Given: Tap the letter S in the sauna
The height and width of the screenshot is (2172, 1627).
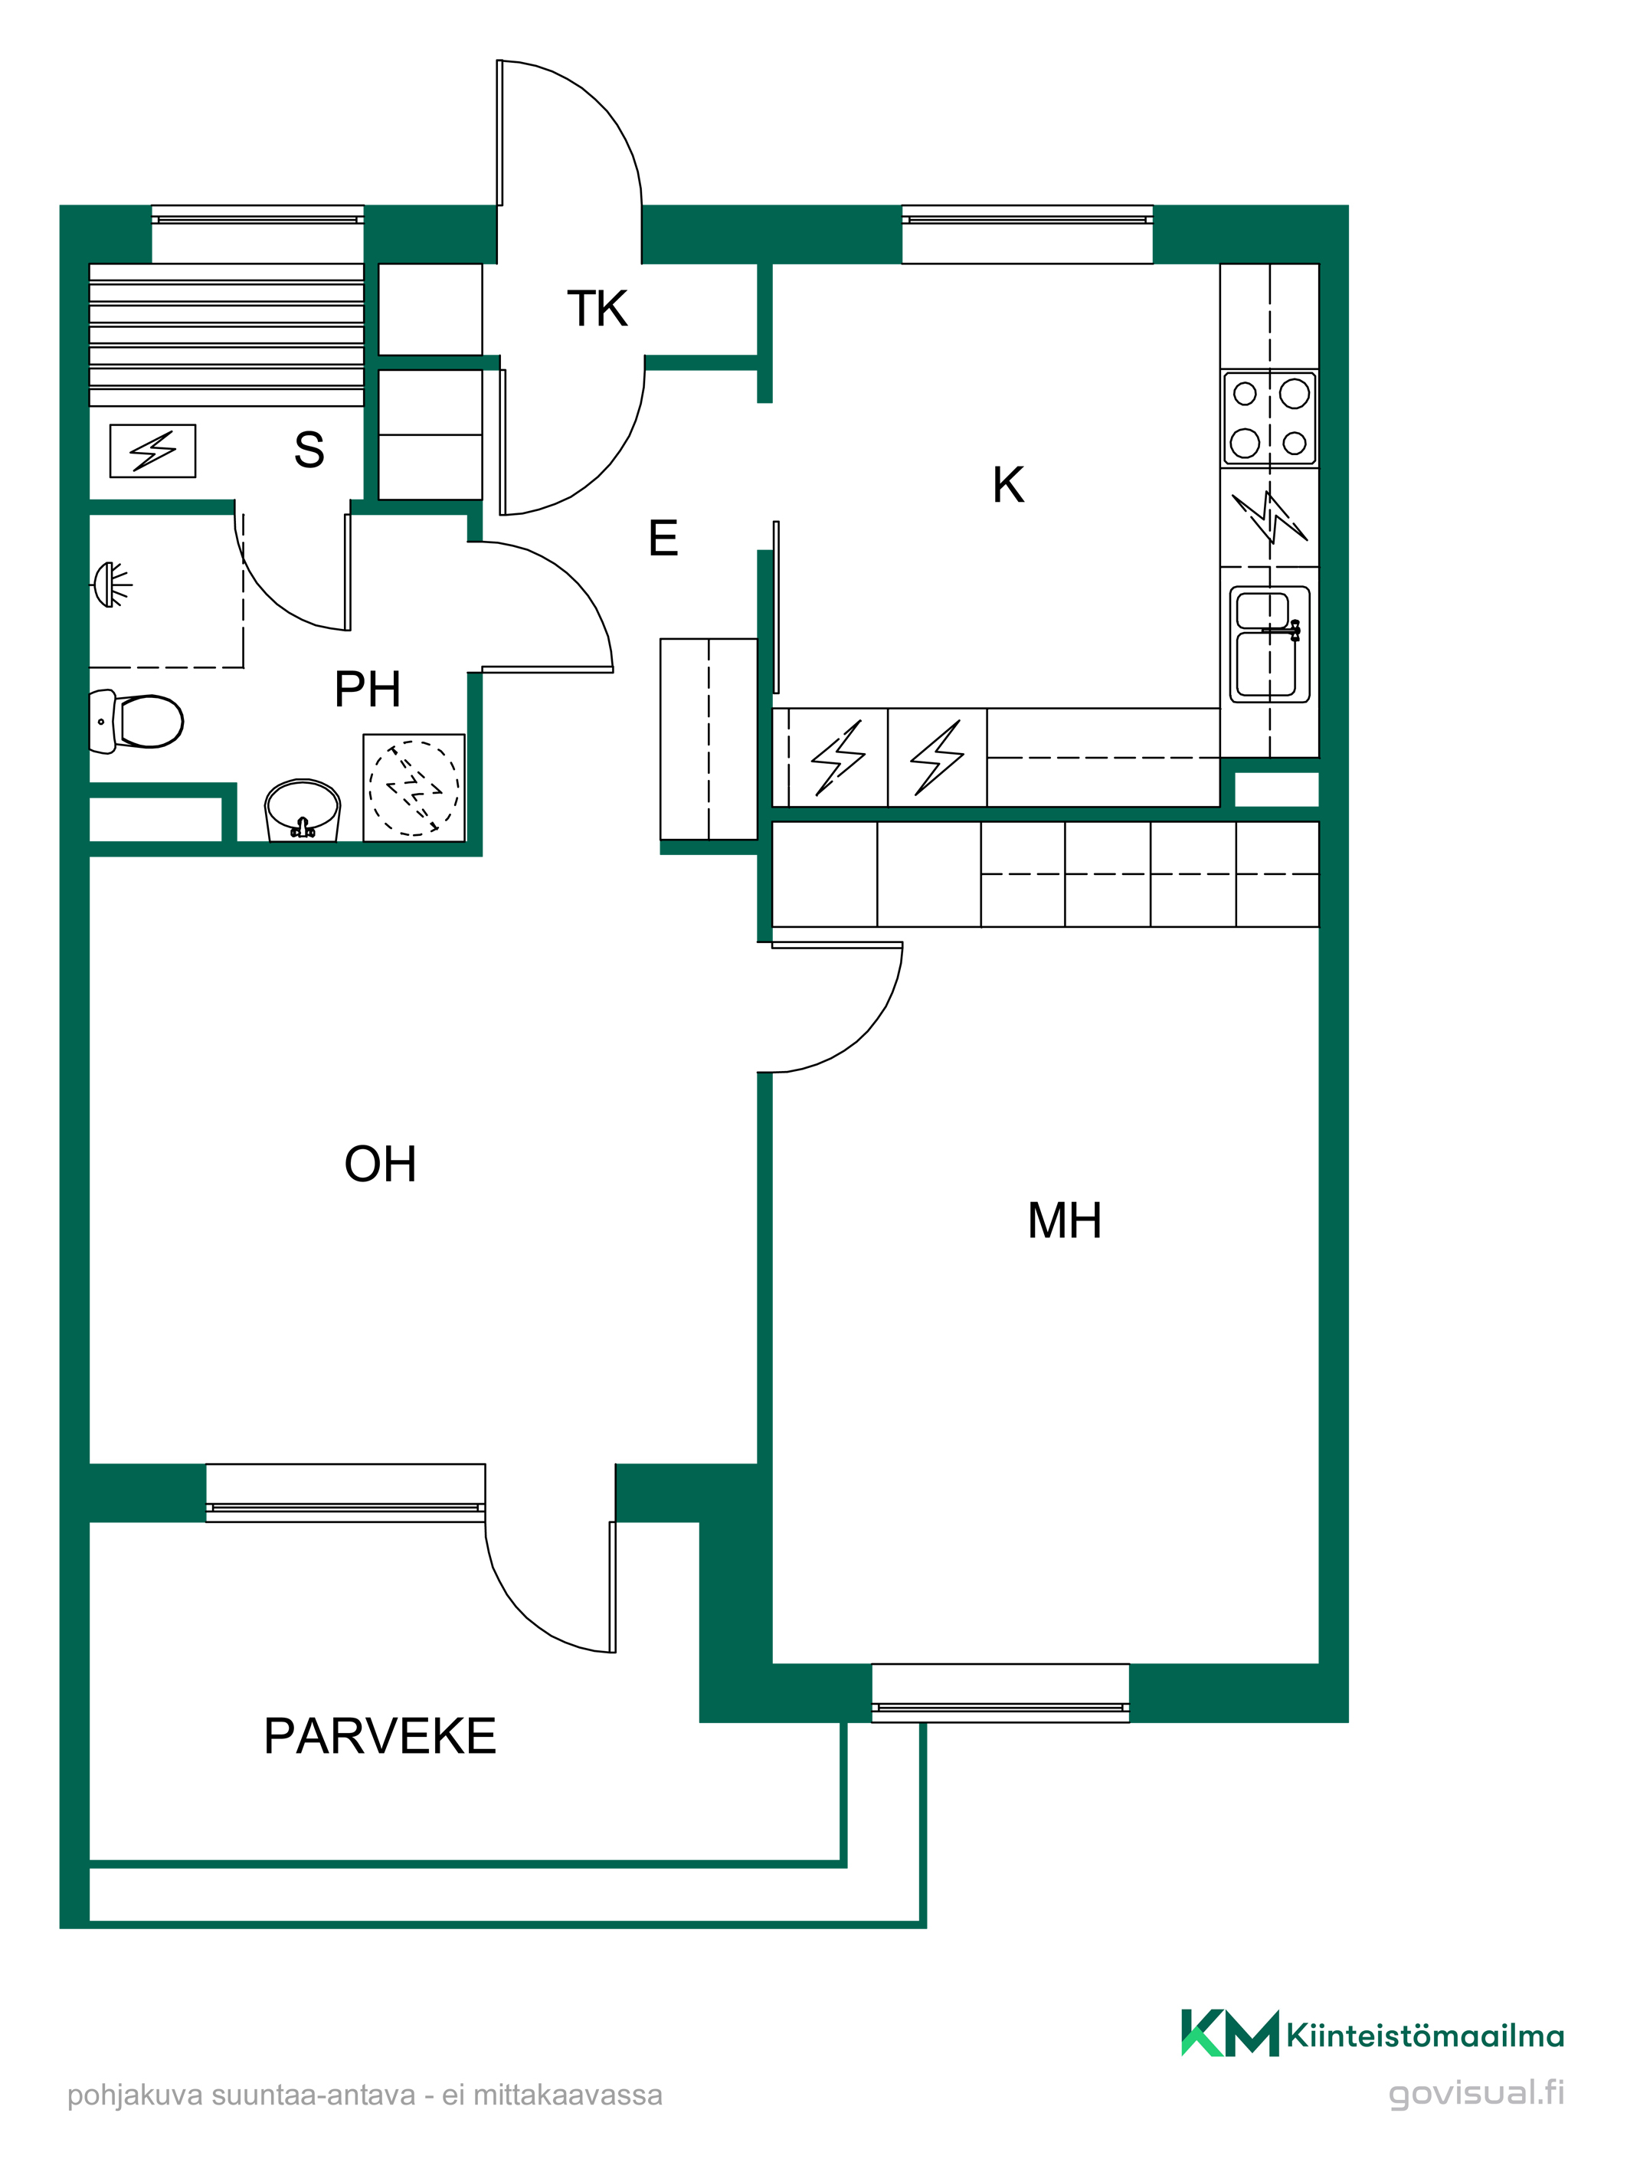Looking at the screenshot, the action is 309,450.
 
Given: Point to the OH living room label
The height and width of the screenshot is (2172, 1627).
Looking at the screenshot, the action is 380,1164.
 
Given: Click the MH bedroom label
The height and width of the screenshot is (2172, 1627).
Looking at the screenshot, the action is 1065,1220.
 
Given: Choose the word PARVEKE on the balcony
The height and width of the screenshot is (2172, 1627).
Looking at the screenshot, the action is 380,1736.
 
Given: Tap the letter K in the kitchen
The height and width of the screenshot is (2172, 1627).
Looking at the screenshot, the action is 1008,485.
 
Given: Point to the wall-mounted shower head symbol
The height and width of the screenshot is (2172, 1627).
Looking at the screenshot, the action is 111,585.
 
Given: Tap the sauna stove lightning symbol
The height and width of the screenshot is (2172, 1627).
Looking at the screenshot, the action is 152,450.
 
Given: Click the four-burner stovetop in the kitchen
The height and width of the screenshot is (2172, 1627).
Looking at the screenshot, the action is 1269,418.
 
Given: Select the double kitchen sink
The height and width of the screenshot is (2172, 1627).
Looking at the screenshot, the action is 1269,644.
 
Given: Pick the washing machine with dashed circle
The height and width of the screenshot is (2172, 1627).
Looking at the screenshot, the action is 414,788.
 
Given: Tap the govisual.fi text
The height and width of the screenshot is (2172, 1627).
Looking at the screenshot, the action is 1476,2092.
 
